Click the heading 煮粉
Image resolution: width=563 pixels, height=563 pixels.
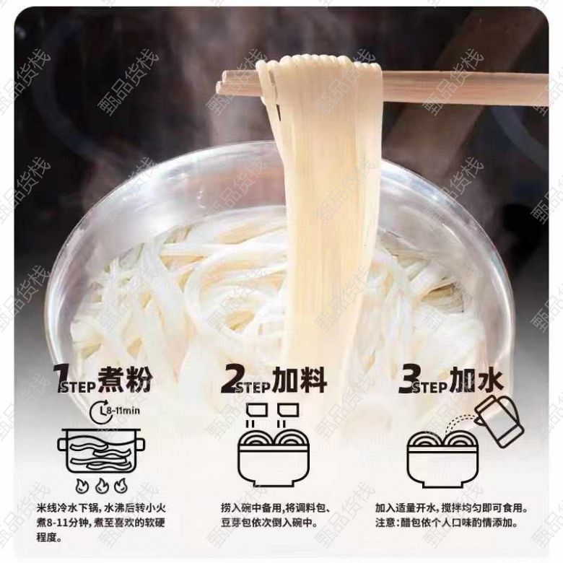(x=125, y=379)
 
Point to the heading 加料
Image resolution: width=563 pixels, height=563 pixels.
(x=299, y=379)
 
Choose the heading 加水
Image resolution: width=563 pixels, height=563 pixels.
(x=477, y=379)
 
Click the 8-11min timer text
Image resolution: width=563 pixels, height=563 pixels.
(x=124, y=411)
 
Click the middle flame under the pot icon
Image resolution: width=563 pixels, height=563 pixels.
(x=102, y=486)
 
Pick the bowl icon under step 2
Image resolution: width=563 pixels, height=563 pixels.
(x=274, y=458)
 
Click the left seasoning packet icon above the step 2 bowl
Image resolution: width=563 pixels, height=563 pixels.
(x=258, y=410)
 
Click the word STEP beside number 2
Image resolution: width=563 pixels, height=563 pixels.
(x=254, y=386)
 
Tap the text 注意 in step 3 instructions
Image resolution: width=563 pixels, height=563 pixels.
(x=385, y=523)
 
